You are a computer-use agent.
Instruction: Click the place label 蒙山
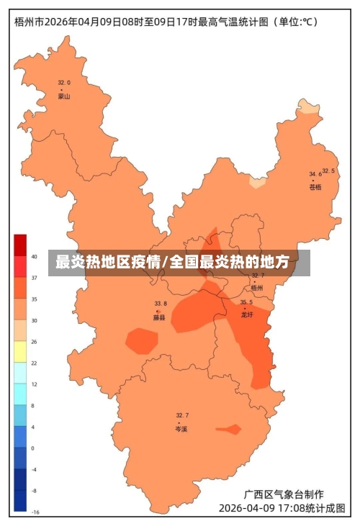pyautogui.click(x=64, y=96)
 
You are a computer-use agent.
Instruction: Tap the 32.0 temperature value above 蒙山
pyautogui.click(x=64, y=83)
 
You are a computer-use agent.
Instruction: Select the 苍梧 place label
pyautogui.click(x=315, y=187)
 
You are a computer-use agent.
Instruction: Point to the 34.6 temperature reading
pyautogui.click(x=315, y=174)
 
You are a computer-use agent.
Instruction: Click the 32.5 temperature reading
pyautogui.click(x=328, y=171)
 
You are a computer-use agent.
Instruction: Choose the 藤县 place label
pyautogui.click(x=159, y=317)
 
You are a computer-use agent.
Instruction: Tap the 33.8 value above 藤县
pyautogui.click(x=160, y=304)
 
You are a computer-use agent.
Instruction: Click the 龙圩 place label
pyautogui.click(x=247, y=314)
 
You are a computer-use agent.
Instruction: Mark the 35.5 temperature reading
pyautogui.click(x=246, y=302)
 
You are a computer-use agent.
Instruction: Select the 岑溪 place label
pyautogui.click(x=181, y=429)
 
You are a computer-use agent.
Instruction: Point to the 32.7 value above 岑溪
pyautogui.click(x=182, y=416)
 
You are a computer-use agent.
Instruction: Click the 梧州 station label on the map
pyautogui.click(x=257, y=287)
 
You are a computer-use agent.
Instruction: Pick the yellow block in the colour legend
pyautogui.click(x=20, y=352)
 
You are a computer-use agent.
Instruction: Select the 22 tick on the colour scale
pyautogui.click(x=34, y=363)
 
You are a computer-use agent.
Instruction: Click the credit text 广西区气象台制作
pyautogui.click(x=283, y=494)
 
